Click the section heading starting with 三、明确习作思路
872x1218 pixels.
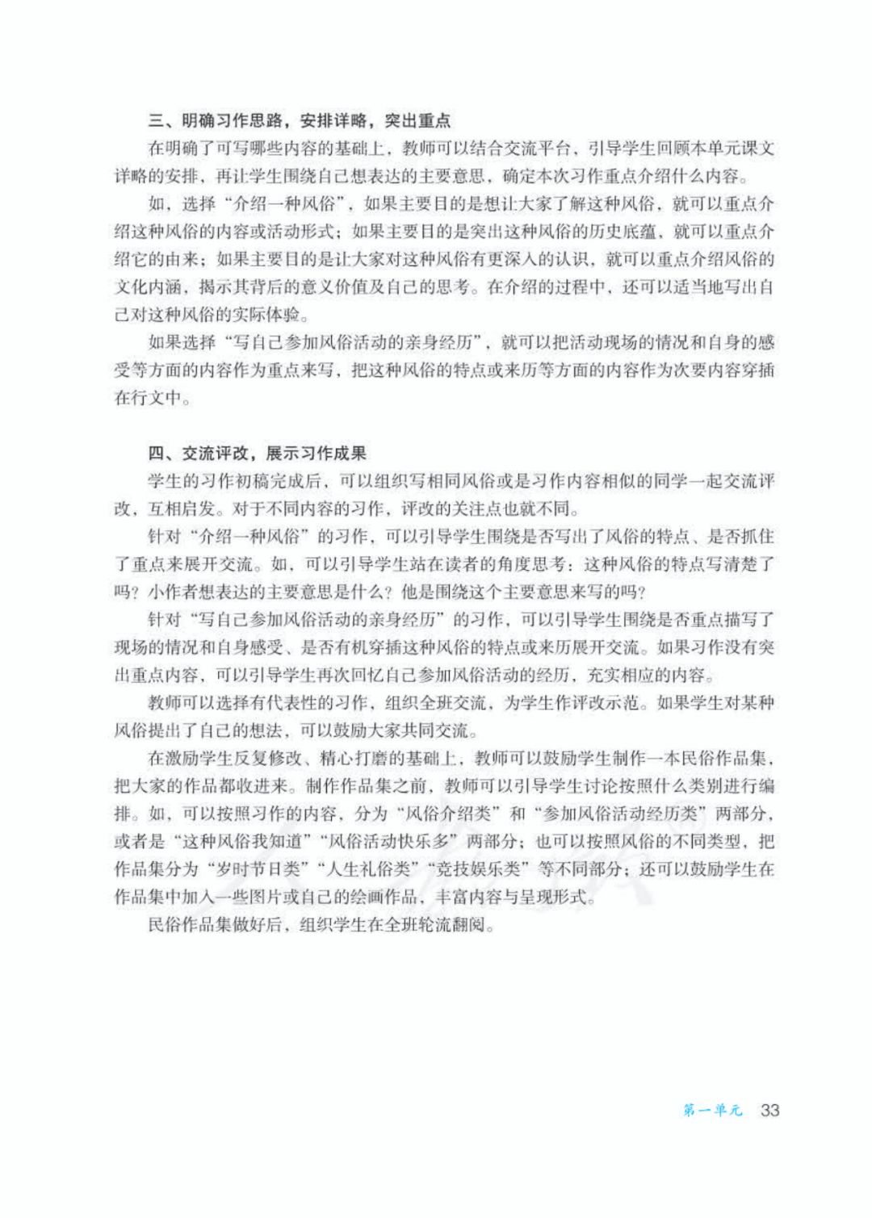point(299,121)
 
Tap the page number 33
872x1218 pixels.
point(769,1110)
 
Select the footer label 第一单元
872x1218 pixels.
point(711,1111)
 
